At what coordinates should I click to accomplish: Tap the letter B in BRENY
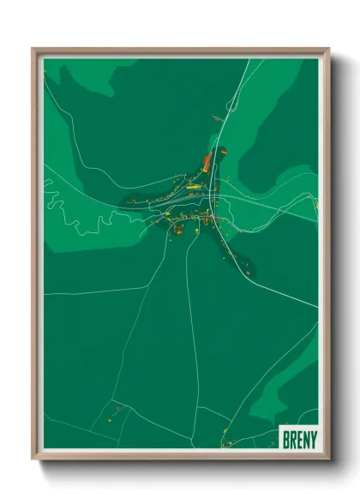tap(286, 438)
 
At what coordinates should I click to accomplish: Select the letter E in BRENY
tap(298, 438)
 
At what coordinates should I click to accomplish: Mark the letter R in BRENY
tap(292, 438)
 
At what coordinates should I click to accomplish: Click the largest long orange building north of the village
tap(207, 162)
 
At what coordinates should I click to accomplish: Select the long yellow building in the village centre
tap(195, 184)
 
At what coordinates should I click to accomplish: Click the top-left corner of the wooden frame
tap(33, 50)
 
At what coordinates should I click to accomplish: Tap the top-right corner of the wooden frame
tap(329, 50)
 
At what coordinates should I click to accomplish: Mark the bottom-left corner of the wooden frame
tap(33, 459)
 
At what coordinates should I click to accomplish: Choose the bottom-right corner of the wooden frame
tap(329, 459)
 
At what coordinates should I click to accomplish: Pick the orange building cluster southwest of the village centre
tap(177, 227)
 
